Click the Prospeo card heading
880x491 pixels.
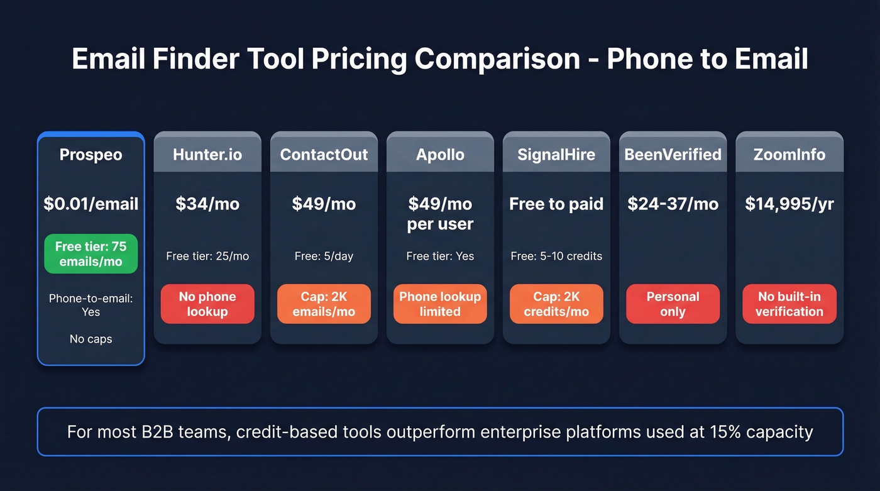click(91, 155)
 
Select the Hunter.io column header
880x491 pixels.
click(207, 155)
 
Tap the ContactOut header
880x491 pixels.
click(324, 155)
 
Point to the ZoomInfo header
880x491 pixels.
click(789, 155)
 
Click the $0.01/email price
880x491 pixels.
click(91, 204)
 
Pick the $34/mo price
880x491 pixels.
click(207, 204)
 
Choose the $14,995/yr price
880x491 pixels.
click(789, 204)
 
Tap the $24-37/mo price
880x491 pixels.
click(673, 204)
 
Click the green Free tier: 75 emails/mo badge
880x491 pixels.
click(91, 254)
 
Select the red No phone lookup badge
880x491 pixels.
click(207, 304)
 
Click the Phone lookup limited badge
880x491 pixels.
click(440, 304)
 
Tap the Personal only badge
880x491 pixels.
click(673, 304)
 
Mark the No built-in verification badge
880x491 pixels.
click(789, 304)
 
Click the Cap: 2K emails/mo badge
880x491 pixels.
click(324, 304)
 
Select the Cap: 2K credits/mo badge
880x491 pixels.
click(556, 304)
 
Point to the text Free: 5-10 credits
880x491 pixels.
click(556, 256)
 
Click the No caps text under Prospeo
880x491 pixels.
click(91, 339)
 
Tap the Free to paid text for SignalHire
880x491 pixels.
click(556, 204)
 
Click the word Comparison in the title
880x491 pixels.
click(497, 59)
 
